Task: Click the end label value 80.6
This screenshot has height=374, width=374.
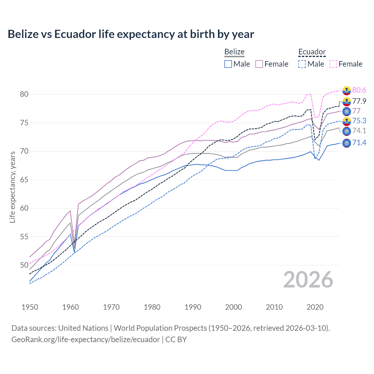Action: pyautogui.click(x=359, y=90)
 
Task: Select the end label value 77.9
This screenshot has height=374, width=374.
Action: pyautogui.click(x=359, y=101)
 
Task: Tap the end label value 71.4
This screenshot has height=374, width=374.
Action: pyautogui.click(x=359, y=143)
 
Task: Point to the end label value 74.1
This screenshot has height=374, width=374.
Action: pyautogui.click(x=359, y=131)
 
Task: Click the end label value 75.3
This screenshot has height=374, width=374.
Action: pyautogui.click(x=359, y=121)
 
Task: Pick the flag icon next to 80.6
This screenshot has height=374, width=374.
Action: pyautogui.click(x=347, y=91)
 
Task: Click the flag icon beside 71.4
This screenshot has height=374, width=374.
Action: pyautogui.click(x=347, y=143)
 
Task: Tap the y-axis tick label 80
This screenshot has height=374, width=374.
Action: pyautogui.click(x=24, y=94)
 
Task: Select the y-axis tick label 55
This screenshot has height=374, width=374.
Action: pyautogui.click(x=24, y=237)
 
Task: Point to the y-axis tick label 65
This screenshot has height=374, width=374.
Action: pyautogui.click(x=24, y=180)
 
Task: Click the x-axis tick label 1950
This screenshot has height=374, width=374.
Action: pyautogui.click(x=30, y=307)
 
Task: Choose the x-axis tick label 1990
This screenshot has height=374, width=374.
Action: pyautogui.click(x=193, y=307)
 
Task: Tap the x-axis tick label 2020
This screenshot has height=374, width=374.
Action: pyautogui.click(x=315, y=307)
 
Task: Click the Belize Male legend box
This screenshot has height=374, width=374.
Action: pyautogui.click(x=228, y=64)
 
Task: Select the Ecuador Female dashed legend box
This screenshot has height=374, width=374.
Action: pyautogui.click(x=333, y=64)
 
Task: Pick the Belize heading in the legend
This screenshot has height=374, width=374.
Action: pyautogui.click(x=234, y=52)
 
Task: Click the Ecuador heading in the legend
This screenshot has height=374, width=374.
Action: pyautogui.click(x=312, y=52)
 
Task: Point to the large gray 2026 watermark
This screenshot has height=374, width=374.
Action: pyautogui.click(x=308, y=280)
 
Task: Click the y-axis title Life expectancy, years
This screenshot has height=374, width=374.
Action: pyautogui.click(x=13, y=187)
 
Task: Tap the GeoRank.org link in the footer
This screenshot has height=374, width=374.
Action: pyautogui.click(x=86, y=340)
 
